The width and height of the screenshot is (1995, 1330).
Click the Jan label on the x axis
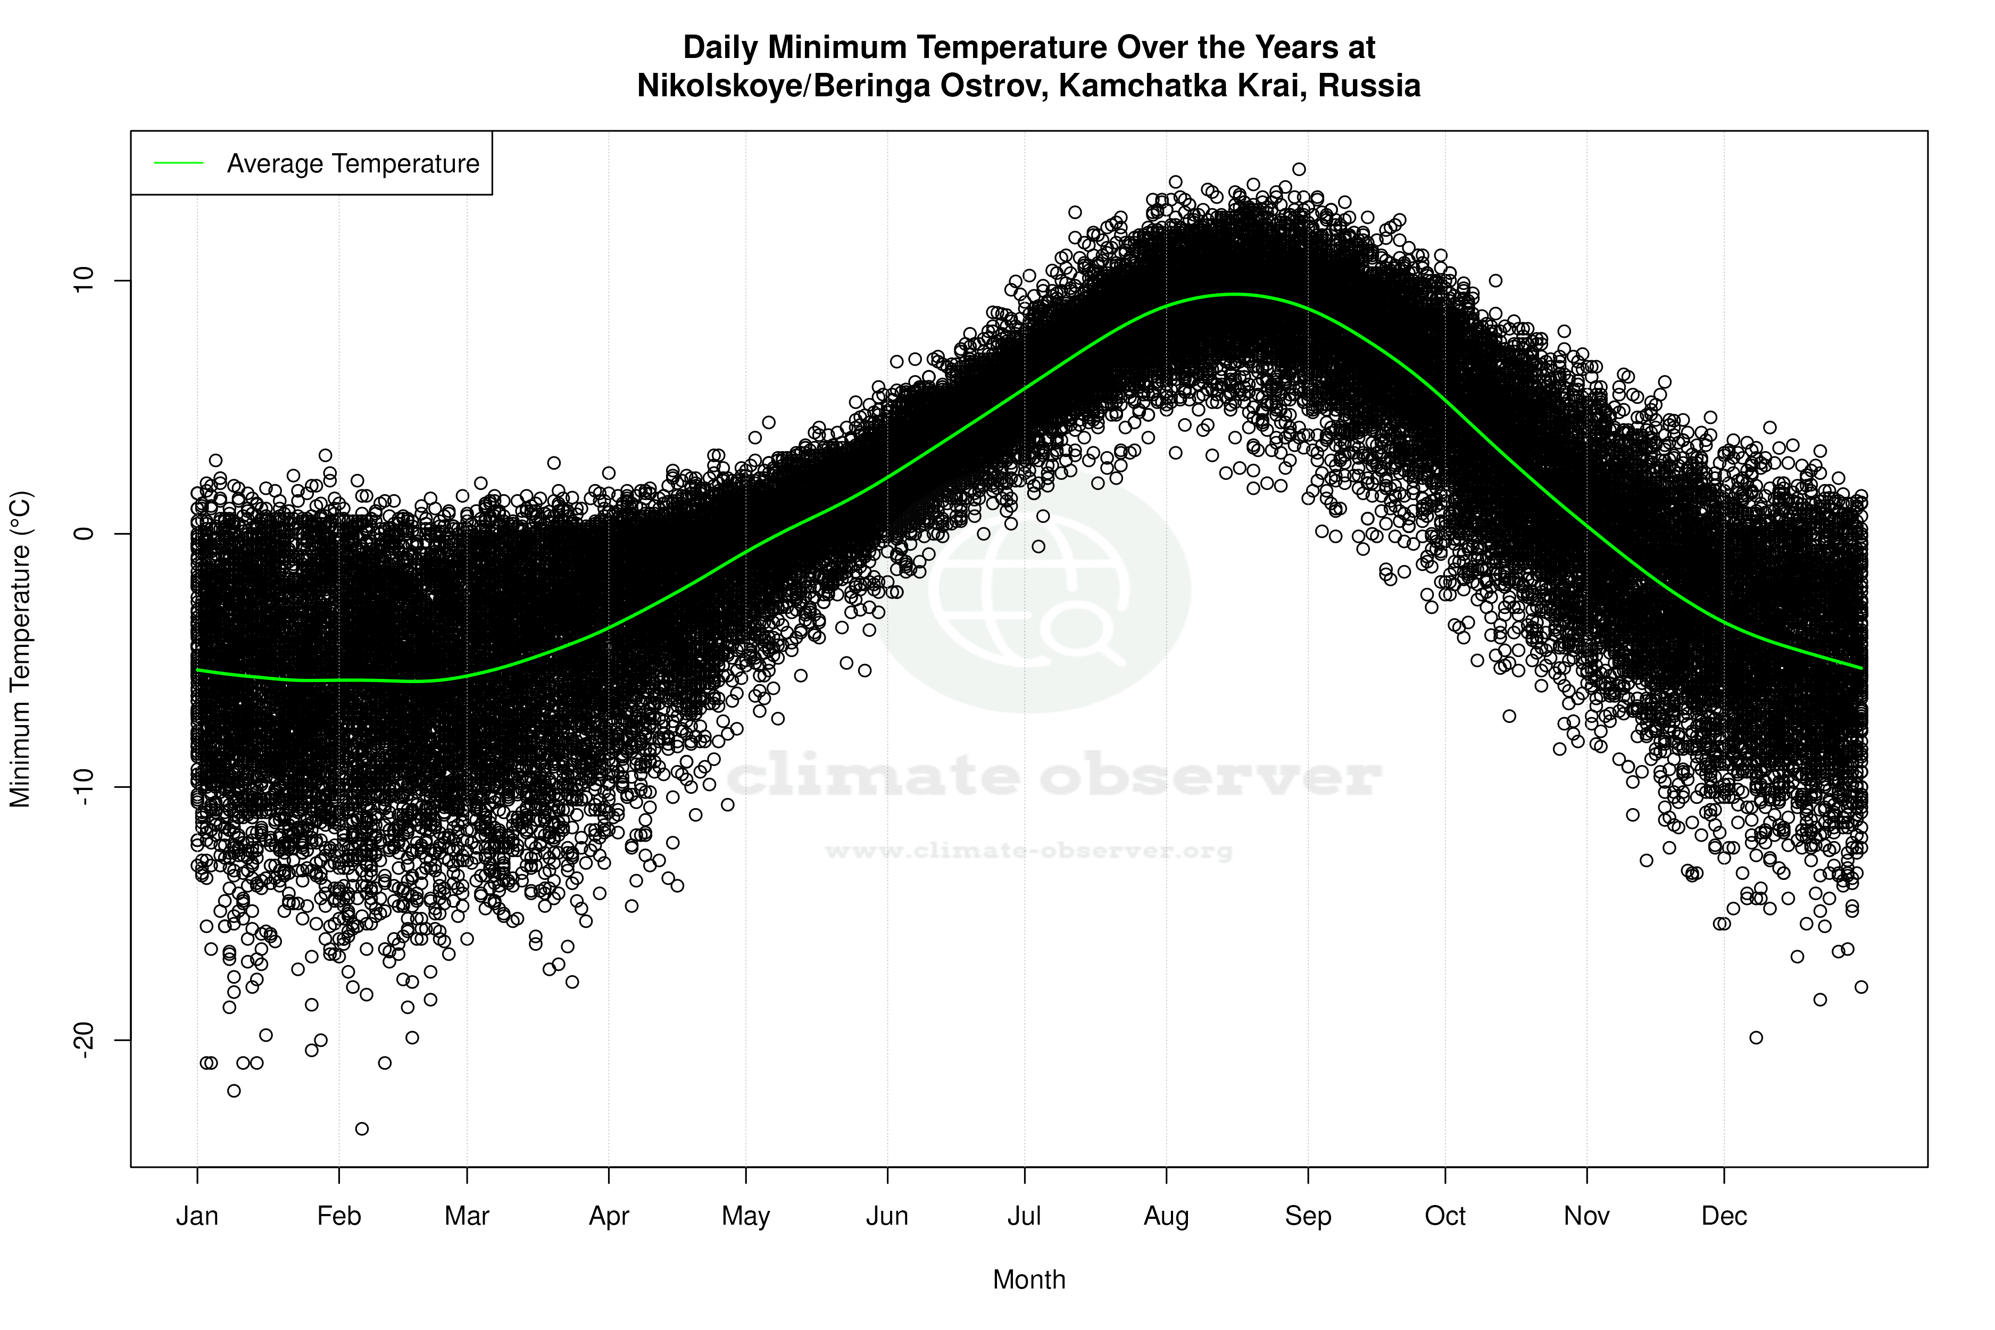pos(197,1216)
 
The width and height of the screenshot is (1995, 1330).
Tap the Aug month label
pos(1166,1216)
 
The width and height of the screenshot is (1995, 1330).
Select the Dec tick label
pos(1724,1216)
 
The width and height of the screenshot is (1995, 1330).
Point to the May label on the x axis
pos(745,1216)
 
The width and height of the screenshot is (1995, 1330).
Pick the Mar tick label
pos(467,1216)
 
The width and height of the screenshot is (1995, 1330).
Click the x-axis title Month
pos(1029,1280)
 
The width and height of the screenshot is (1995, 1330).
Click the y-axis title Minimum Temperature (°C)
pos(20,649)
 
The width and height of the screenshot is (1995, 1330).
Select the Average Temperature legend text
pos(353,164)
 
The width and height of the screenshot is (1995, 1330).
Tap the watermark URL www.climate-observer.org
pos(1029,851)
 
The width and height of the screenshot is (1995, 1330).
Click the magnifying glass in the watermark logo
pos(1082,632)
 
